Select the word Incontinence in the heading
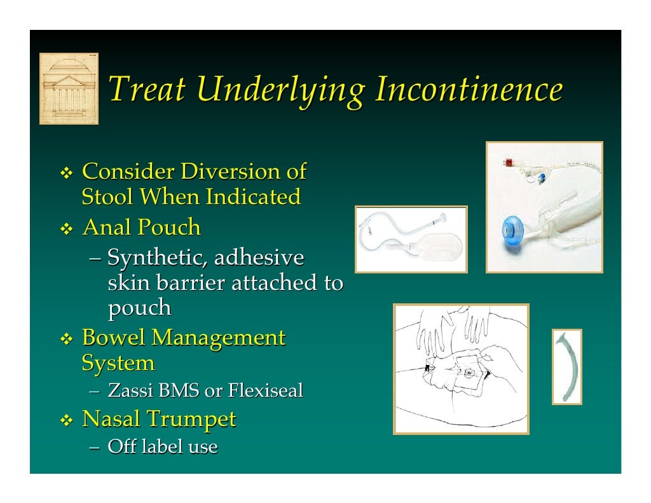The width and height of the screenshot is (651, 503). pyautogui.click(x=469, y=89)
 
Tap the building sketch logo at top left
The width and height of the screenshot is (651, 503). pyautogui.click(x=69, y=88)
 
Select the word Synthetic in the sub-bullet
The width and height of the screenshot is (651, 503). pyautogui.click(x=156, y=258)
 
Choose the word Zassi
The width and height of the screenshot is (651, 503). pyautogui.click(x=131, y=390)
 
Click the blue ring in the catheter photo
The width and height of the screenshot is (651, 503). pyautogui.click(x=514, y=228)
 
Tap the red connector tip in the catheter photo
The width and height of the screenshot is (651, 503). pyautogui.click(x=508, y=162)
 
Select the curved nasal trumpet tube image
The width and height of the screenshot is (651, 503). pyautogui.click(x=566, y=366)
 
